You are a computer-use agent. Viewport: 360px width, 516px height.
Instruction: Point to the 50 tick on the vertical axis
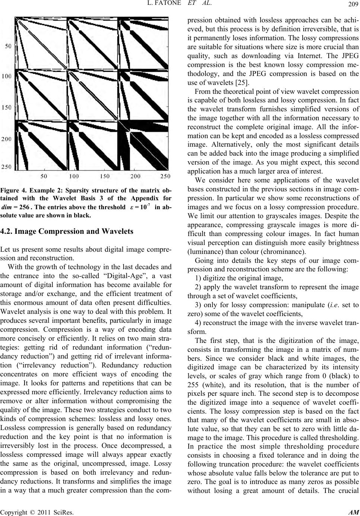point(17,46)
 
